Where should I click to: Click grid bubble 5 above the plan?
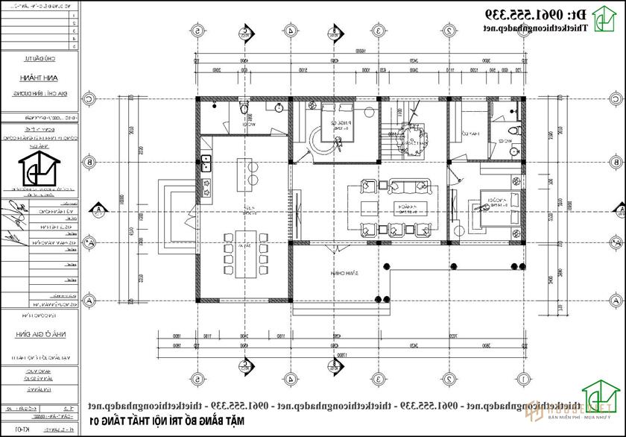pos(197,31)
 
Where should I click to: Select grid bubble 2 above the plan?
pos(450,31)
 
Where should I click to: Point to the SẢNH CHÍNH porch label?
pos(343,274)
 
